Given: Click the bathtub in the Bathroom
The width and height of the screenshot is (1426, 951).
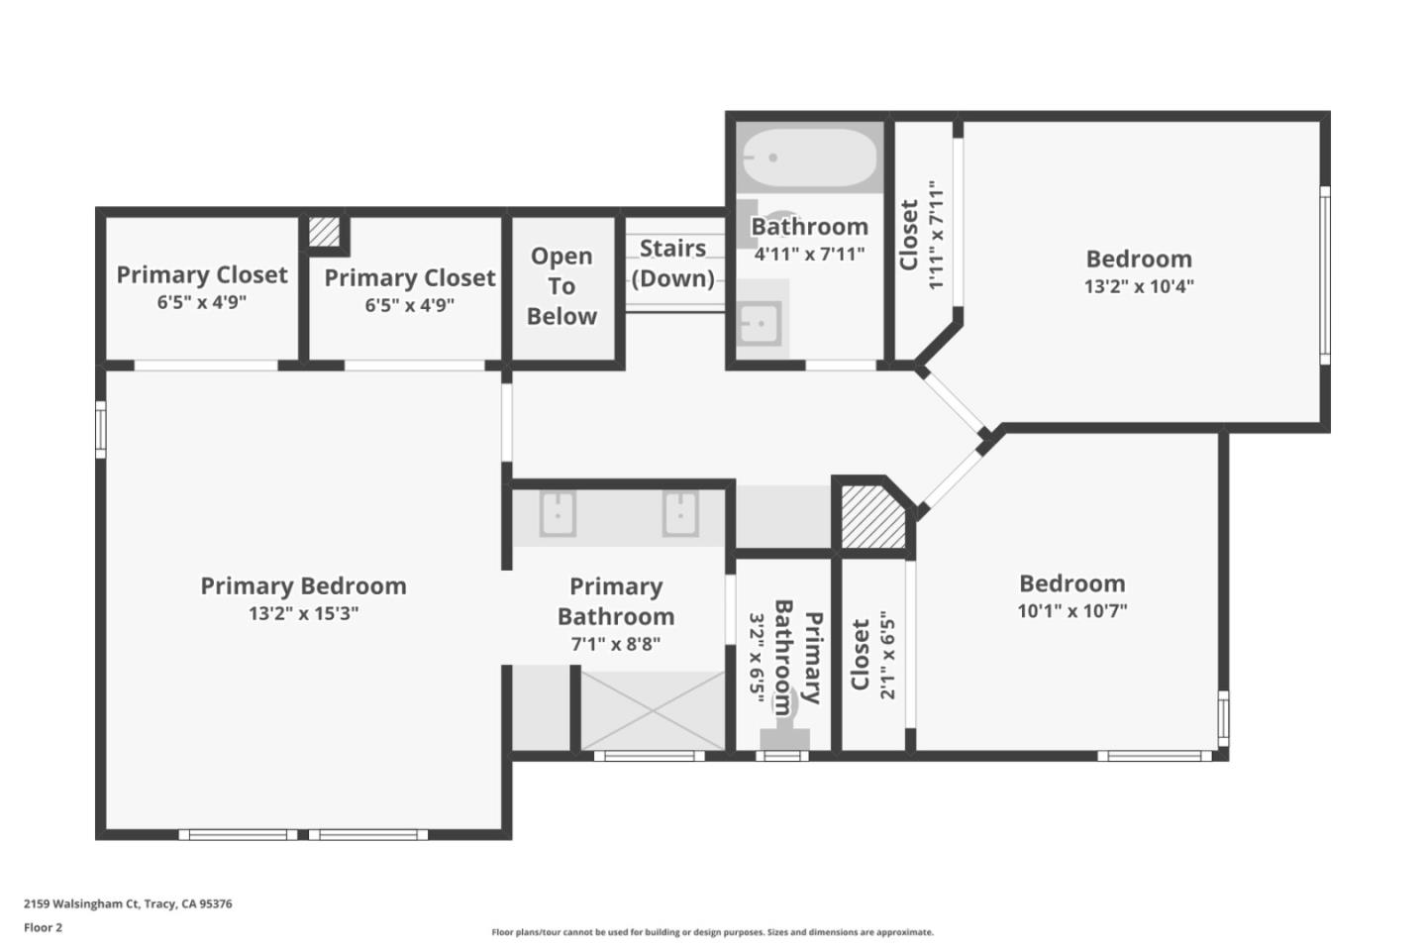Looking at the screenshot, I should pos(809,158).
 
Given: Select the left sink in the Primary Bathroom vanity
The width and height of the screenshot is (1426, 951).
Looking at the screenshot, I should pos(558,514).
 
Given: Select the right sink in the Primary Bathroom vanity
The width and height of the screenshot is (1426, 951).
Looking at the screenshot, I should pos(680,514).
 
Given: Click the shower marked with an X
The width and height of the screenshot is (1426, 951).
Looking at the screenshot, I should pos(652,710).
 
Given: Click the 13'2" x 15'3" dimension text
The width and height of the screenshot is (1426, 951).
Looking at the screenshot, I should pos(303,613).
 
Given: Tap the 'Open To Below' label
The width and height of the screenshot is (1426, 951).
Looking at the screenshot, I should pos(561,286).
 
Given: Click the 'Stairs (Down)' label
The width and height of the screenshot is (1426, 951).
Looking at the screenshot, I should pos(673,264).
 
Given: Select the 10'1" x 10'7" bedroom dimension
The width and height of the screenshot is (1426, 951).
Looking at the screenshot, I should pos(1071,610).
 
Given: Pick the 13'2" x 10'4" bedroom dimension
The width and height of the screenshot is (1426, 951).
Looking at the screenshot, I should pos(1139,286).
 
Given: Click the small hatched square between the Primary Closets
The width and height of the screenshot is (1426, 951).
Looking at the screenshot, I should pos(323,232).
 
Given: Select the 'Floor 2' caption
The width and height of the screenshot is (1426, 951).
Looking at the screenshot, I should pos(43,928).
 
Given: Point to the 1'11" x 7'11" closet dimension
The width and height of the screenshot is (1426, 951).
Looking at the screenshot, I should pos(936,235).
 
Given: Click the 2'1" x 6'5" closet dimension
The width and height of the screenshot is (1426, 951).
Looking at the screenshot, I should pos(887,655).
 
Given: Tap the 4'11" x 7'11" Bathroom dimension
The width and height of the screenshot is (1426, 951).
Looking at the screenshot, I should pos(809,254).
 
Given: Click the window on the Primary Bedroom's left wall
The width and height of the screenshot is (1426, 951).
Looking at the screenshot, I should pos(100,429).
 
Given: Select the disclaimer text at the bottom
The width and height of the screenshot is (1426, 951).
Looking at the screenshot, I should pos(712,932).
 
